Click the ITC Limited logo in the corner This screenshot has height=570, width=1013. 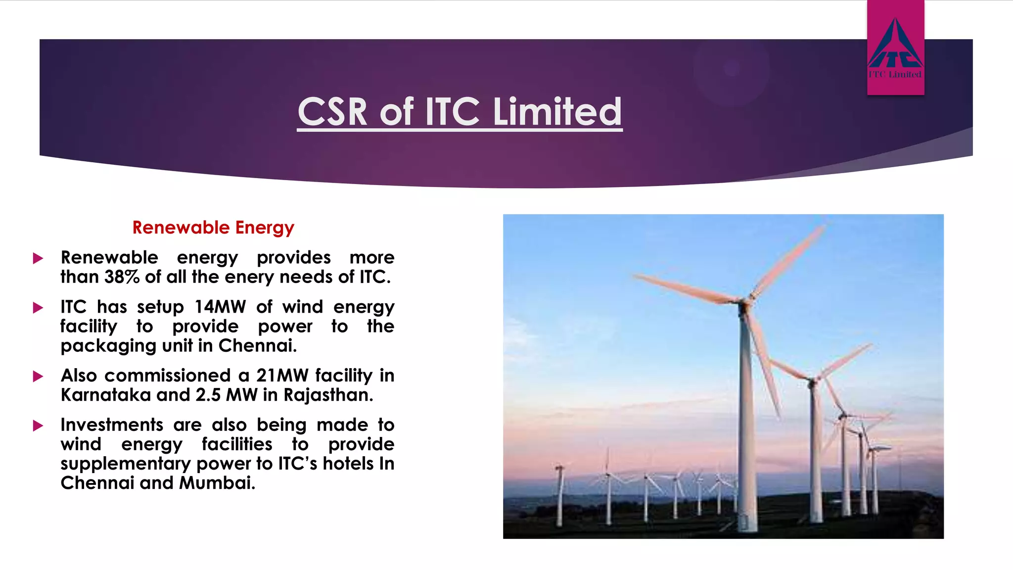[x=895, y=48]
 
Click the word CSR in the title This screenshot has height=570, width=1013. [x=332, y=112]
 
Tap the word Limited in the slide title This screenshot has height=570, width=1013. [x=557, y=112]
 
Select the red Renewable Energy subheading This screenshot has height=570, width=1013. [x=213, y=228]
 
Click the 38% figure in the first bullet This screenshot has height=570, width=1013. [x=122, y=277]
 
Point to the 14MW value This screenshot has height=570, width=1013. [x=220, y=307]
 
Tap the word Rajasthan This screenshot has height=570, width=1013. [x=328, y=395]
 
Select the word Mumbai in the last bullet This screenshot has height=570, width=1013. [x=217, y=483]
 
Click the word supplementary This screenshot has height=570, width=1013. [x=126, y=464]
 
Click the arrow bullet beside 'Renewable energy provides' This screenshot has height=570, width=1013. [x=38, y=258]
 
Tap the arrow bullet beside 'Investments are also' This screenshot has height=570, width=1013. [x=38, y=426]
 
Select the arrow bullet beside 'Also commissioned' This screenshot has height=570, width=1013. [x=38, y=377]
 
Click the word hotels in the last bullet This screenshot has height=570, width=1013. [x=348, y=464]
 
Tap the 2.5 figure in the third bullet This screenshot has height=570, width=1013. [x=208, y=395]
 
